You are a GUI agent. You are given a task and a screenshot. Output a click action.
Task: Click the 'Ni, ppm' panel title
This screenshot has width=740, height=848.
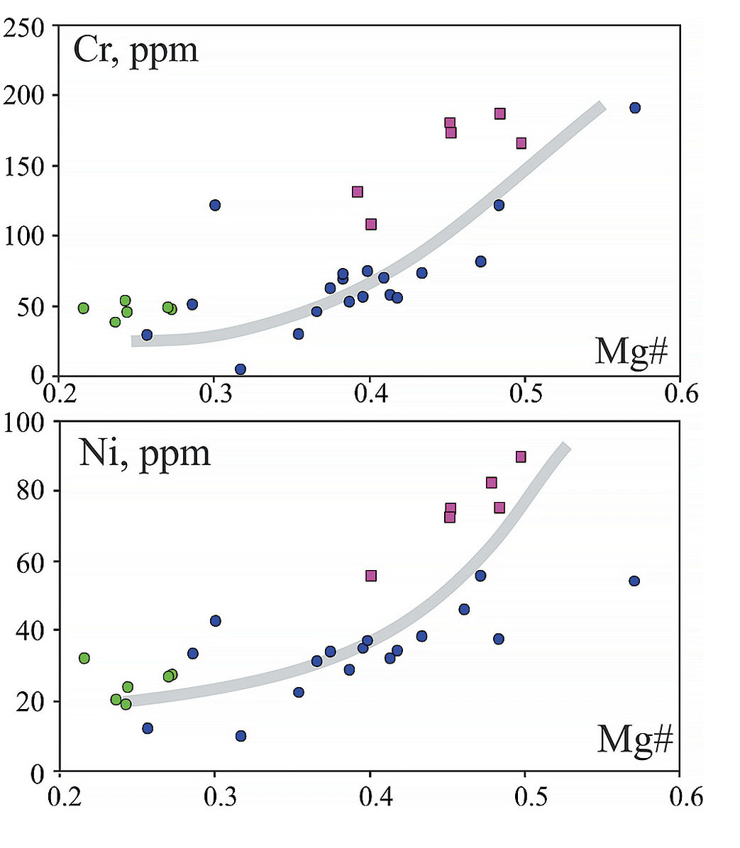(x=145, y=452)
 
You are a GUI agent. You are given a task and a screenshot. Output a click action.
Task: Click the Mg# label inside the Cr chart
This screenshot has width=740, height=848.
(x=631, y=350)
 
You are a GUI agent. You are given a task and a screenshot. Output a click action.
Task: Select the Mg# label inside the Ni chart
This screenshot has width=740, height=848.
(x=634, y=740)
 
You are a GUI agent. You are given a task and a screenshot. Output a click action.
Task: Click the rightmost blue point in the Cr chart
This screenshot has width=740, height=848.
(x=635, y=108)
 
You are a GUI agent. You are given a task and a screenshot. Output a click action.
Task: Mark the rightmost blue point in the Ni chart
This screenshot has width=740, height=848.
(x=634, y=581)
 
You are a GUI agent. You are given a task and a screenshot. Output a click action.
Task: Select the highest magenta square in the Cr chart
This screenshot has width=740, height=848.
(x=500, y=113)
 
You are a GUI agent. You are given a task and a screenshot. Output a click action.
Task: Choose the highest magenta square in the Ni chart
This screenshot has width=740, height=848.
(x=521, y=457)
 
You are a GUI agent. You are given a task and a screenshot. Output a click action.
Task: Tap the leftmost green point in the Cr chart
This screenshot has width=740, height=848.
(x=84, y=308)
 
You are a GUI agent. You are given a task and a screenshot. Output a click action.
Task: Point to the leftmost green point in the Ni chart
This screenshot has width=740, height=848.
(x=84, y=658)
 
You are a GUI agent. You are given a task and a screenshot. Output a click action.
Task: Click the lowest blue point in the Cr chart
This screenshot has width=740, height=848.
(x=241, y=369)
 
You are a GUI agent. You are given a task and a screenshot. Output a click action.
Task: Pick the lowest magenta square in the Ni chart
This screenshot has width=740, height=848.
(x=370, y=576)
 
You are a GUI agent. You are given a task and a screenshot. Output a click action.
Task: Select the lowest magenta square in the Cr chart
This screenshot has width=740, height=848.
(x=371, y=225)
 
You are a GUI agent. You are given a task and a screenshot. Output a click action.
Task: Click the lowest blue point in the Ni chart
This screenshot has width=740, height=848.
(x=241, y=736)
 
